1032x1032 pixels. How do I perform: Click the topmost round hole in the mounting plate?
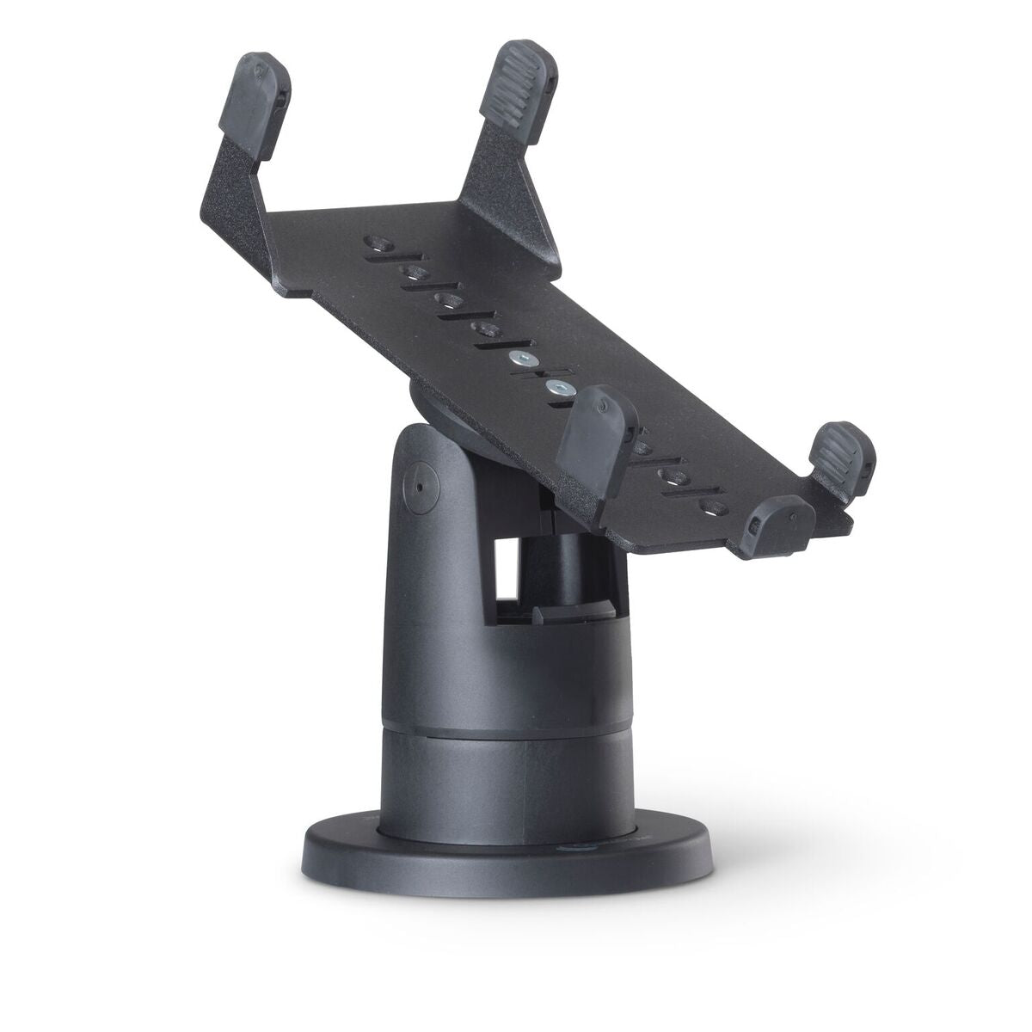tap(378, 242)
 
